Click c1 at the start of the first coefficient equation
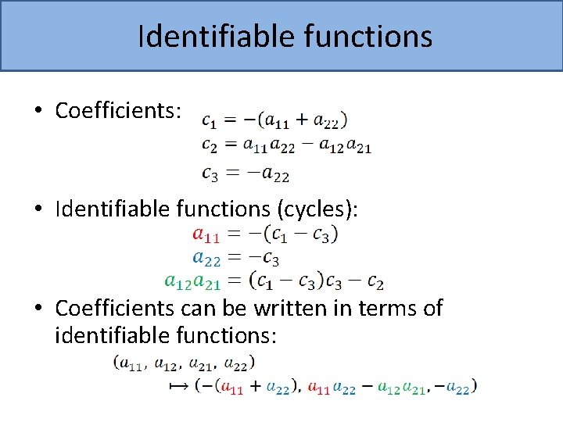(210, 121)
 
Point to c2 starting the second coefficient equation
(210, 145)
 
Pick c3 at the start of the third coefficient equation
(210, 174)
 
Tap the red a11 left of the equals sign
(206, 234)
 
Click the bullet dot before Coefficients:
(38, 112)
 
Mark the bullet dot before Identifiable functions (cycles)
(38, 209)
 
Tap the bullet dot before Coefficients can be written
(38, 309)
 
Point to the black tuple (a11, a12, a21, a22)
(184, 363)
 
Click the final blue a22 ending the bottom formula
(459, 386)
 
